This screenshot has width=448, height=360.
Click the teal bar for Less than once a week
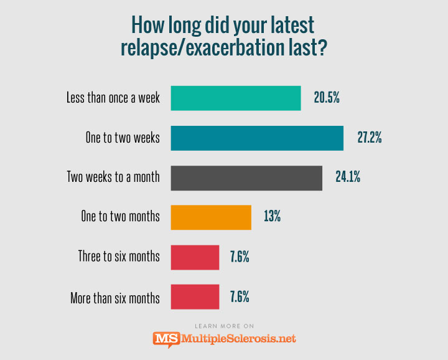tap(235, 98)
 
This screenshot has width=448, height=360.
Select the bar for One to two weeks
tap(256, 138)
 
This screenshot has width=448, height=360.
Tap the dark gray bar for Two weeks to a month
tap(246, 178)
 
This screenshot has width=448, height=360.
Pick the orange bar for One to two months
tap(210, 217)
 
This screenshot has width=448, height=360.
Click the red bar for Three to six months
tap(195, 257)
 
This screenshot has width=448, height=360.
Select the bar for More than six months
tap(195, 296)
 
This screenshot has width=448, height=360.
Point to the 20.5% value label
tap(326, 98)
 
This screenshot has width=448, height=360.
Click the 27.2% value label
tap(369, 138)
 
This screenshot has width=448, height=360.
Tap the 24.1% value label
tap(348, 178)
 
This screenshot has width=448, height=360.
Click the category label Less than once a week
tap(113, 98)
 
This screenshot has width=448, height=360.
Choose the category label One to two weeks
tap(123, 138)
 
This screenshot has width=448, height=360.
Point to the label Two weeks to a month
tap(113, 178)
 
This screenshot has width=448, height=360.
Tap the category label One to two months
tap(120, 217)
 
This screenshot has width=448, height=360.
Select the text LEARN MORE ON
tap(224, 326)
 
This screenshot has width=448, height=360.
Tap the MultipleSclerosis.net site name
tap(238, 339)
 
